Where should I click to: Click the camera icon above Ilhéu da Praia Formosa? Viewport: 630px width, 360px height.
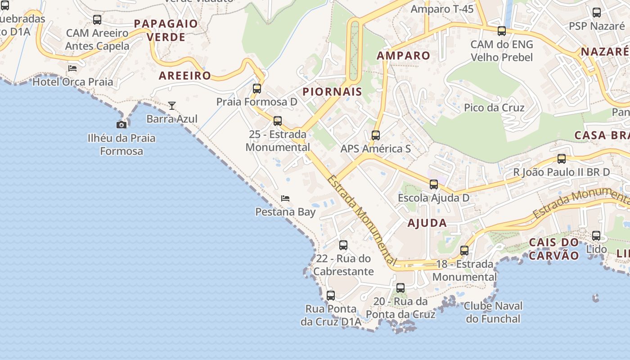pos(121,125)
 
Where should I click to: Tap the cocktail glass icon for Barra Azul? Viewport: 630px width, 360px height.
pos(172,106)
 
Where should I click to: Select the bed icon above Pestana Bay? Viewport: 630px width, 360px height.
pos(285,198)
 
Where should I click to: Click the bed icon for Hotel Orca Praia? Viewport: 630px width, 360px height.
pos(72,68)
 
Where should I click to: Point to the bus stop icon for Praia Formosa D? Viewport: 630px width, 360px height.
pos(257,89)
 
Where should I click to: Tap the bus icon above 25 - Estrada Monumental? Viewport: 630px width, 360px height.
pos(278,121)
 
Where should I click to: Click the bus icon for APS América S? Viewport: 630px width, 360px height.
pos(375,135)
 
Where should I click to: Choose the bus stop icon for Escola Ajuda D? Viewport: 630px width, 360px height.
pos(433,184)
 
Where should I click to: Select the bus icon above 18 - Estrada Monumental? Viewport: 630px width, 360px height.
pos(464,250)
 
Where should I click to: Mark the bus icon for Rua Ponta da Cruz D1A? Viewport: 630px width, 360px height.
pos(331,296)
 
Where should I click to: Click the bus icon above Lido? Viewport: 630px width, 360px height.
pos(596,235)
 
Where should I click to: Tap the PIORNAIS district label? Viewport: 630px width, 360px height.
pos(332,92)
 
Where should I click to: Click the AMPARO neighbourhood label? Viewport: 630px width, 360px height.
pos(403,56)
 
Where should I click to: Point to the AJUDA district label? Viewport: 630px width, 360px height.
pos(427,223)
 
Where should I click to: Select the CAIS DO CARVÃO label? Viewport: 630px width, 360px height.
pos(553,249)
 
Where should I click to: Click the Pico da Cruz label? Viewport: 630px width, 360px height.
pos(494,108)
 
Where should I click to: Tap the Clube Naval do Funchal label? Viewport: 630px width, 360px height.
pos(493,312)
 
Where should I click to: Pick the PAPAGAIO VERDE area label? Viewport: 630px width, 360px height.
pos(166,30)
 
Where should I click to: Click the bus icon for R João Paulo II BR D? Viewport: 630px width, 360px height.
pos(562,158)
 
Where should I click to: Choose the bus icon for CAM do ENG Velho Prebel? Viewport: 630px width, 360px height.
pos(501,31)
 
